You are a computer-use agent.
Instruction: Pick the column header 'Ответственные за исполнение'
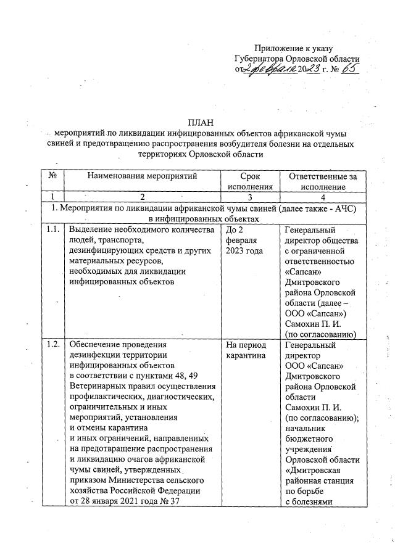pyautogui.click(x=318, y=181)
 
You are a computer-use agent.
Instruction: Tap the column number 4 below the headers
pyautogui.click(x=318, y=197)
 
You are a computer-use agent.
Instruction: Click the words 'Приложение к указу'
pyautogui.click(x=294, y=48)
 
